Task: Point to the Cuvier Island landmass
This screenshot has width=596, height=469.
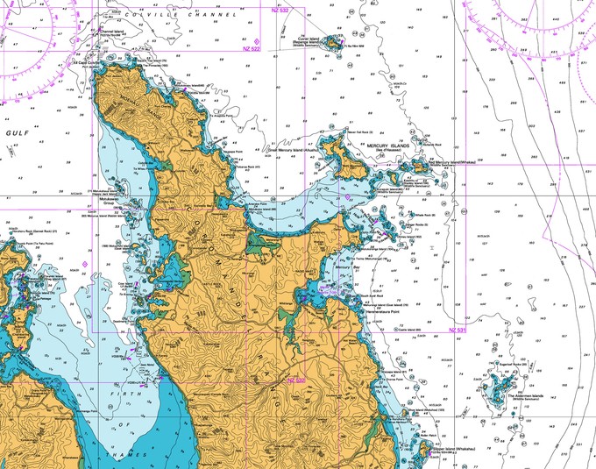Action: coord(334,41)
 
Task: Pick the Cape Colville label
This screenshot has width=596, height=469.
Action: coord(87,63)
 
